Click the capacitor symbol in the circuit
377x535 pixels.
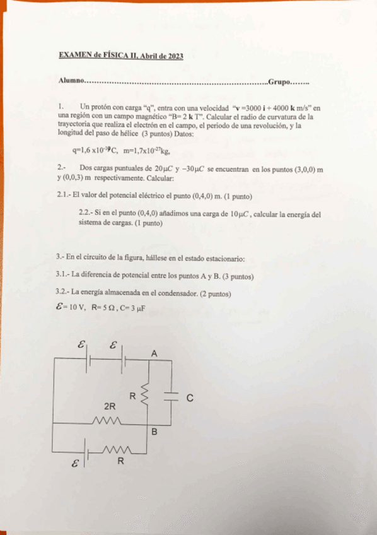[170, 397]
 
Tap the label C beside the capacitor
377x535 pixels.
[190, 399]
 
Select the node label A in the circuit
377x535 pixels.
[153, 354]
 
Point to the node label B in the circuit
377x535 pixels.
[154, 432]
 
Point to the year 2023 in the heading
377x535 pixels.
[175, 56]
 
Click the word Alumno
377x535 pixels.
[71, 82]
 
